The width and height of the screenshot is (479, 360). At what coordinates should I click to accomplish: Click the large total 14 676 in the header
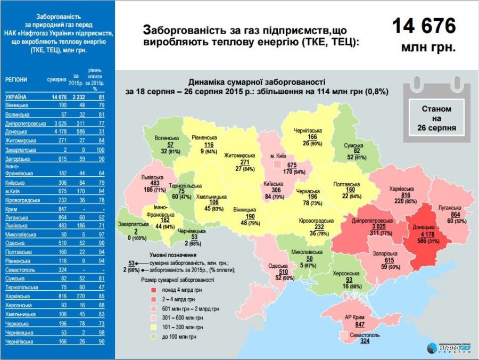pyautogui.click(x=424, y=26)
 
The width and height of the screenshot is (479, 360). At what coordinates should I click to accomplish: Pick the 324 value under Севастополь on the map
pyautogui.click(x=365, y=340)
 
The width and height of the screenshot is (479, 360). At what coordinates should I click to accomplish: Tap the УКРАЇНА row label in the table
pyautogui.click(x=16, y=97)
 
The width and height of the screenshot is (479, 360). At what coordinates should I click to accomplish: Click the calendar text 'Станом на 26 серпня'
pyautogui.click(x=436, y=118)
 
